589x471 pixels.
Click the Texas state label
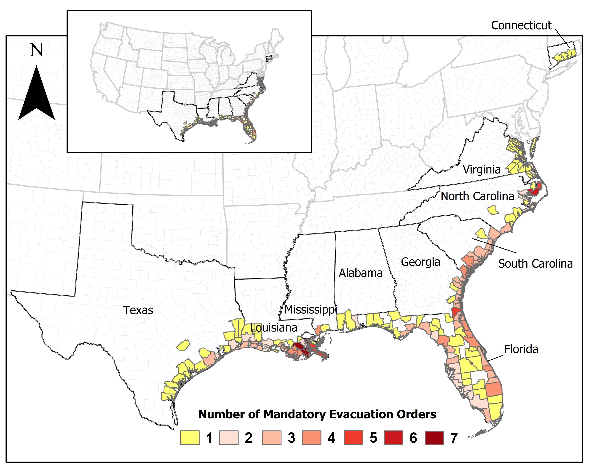pyautogui.click(x=138, y=310)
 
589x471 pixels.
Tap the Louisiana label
pyautogui.click(x=274, y=328)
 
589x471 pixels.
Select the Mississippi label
pyautogui.click(x=311, y=310)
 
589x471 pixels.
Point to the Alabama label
pyautogui.click(x=361, y=273)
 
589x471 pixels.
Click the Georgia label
pyautogui.click(x=420, y=262)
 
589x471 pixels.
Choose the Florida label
pyautogui.click(x=521, y=349)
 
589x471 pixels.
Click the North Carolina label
pyautogui.click(x=477, y=196)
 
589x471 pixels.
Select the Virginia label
pyautogui.click(x=482, y=170)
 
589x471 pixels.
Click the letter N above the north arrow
pyautogui.click(x=37, y=50)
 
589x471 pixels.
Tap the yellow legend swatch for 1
pyautogui.click(x=190, y=438)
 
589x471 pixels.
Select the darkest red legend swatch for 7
pyautogui.click(x=434, y=438)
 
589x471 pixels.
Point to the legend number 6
pyautogui.click(x=413, y=438)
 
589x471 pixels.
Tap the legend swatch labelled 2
pyautogui.click(x=229, y=438)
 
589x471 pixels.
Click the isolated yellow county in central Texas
pyautogui.click(x=183, y=345)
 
